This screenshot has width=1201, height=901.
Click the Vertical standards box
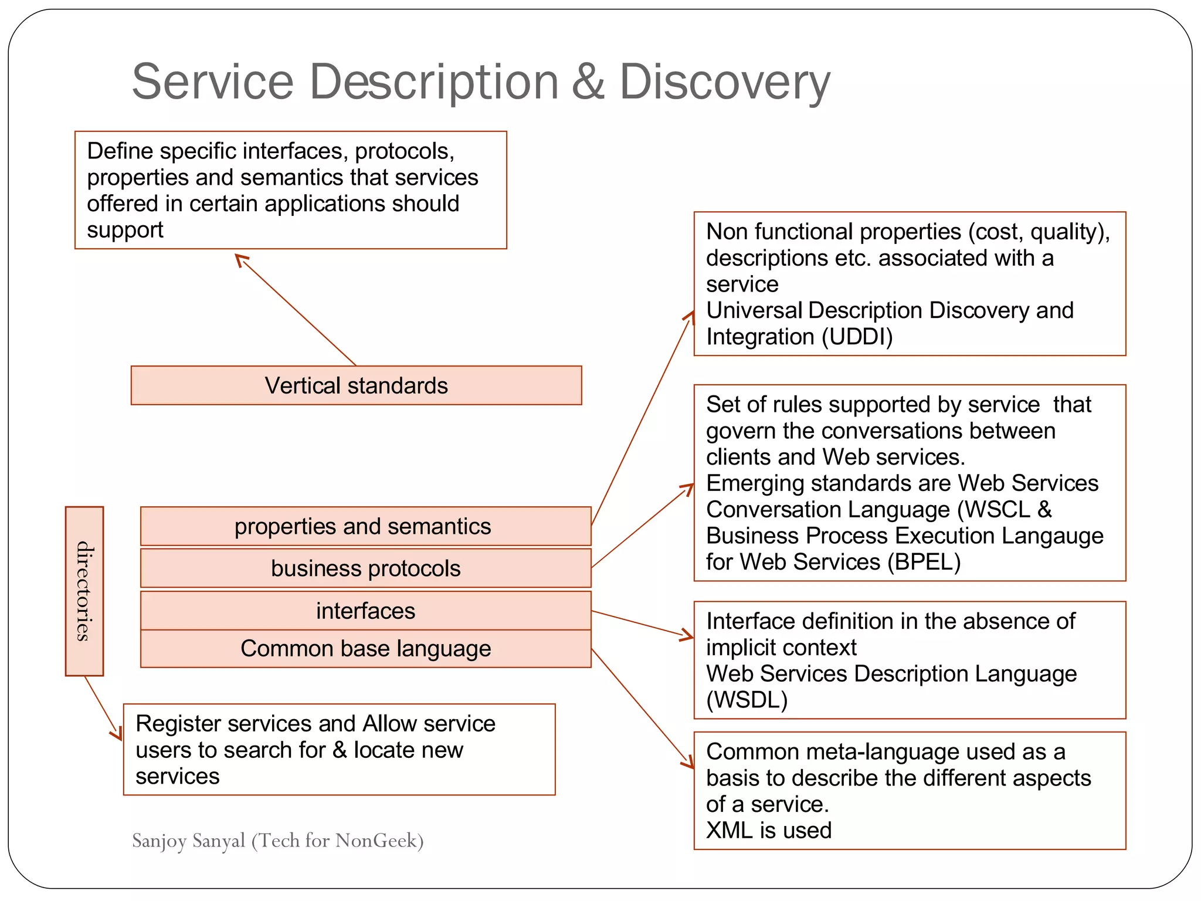coord(356,385)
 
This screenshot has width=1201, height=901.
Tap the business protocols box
coord(365,568)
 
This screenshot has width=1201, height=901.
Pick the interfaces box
coord(365,611)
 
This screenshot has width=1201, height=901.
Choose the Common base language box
coord(365,649)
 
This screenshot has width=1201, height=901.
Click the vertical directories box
coord(84,591)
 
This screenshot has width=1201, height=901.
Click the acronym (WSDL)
coord(747,700)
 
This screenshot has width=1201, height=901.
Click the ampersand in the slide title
coord(588,82)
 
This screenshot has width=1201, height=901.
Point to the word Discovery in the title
coord(724,82)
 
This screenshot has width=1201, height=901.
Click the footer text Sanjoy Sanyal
coord(188,841)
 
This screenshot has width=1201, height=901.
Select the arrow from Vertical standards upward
coord(296,310)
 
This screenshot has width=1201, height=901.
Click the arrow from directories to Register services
coord(103,707)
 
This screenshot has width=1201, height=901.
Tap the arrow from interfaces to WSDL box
coord(642,624)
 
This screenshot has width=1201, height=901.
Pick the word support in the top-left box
coord(125,230)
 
